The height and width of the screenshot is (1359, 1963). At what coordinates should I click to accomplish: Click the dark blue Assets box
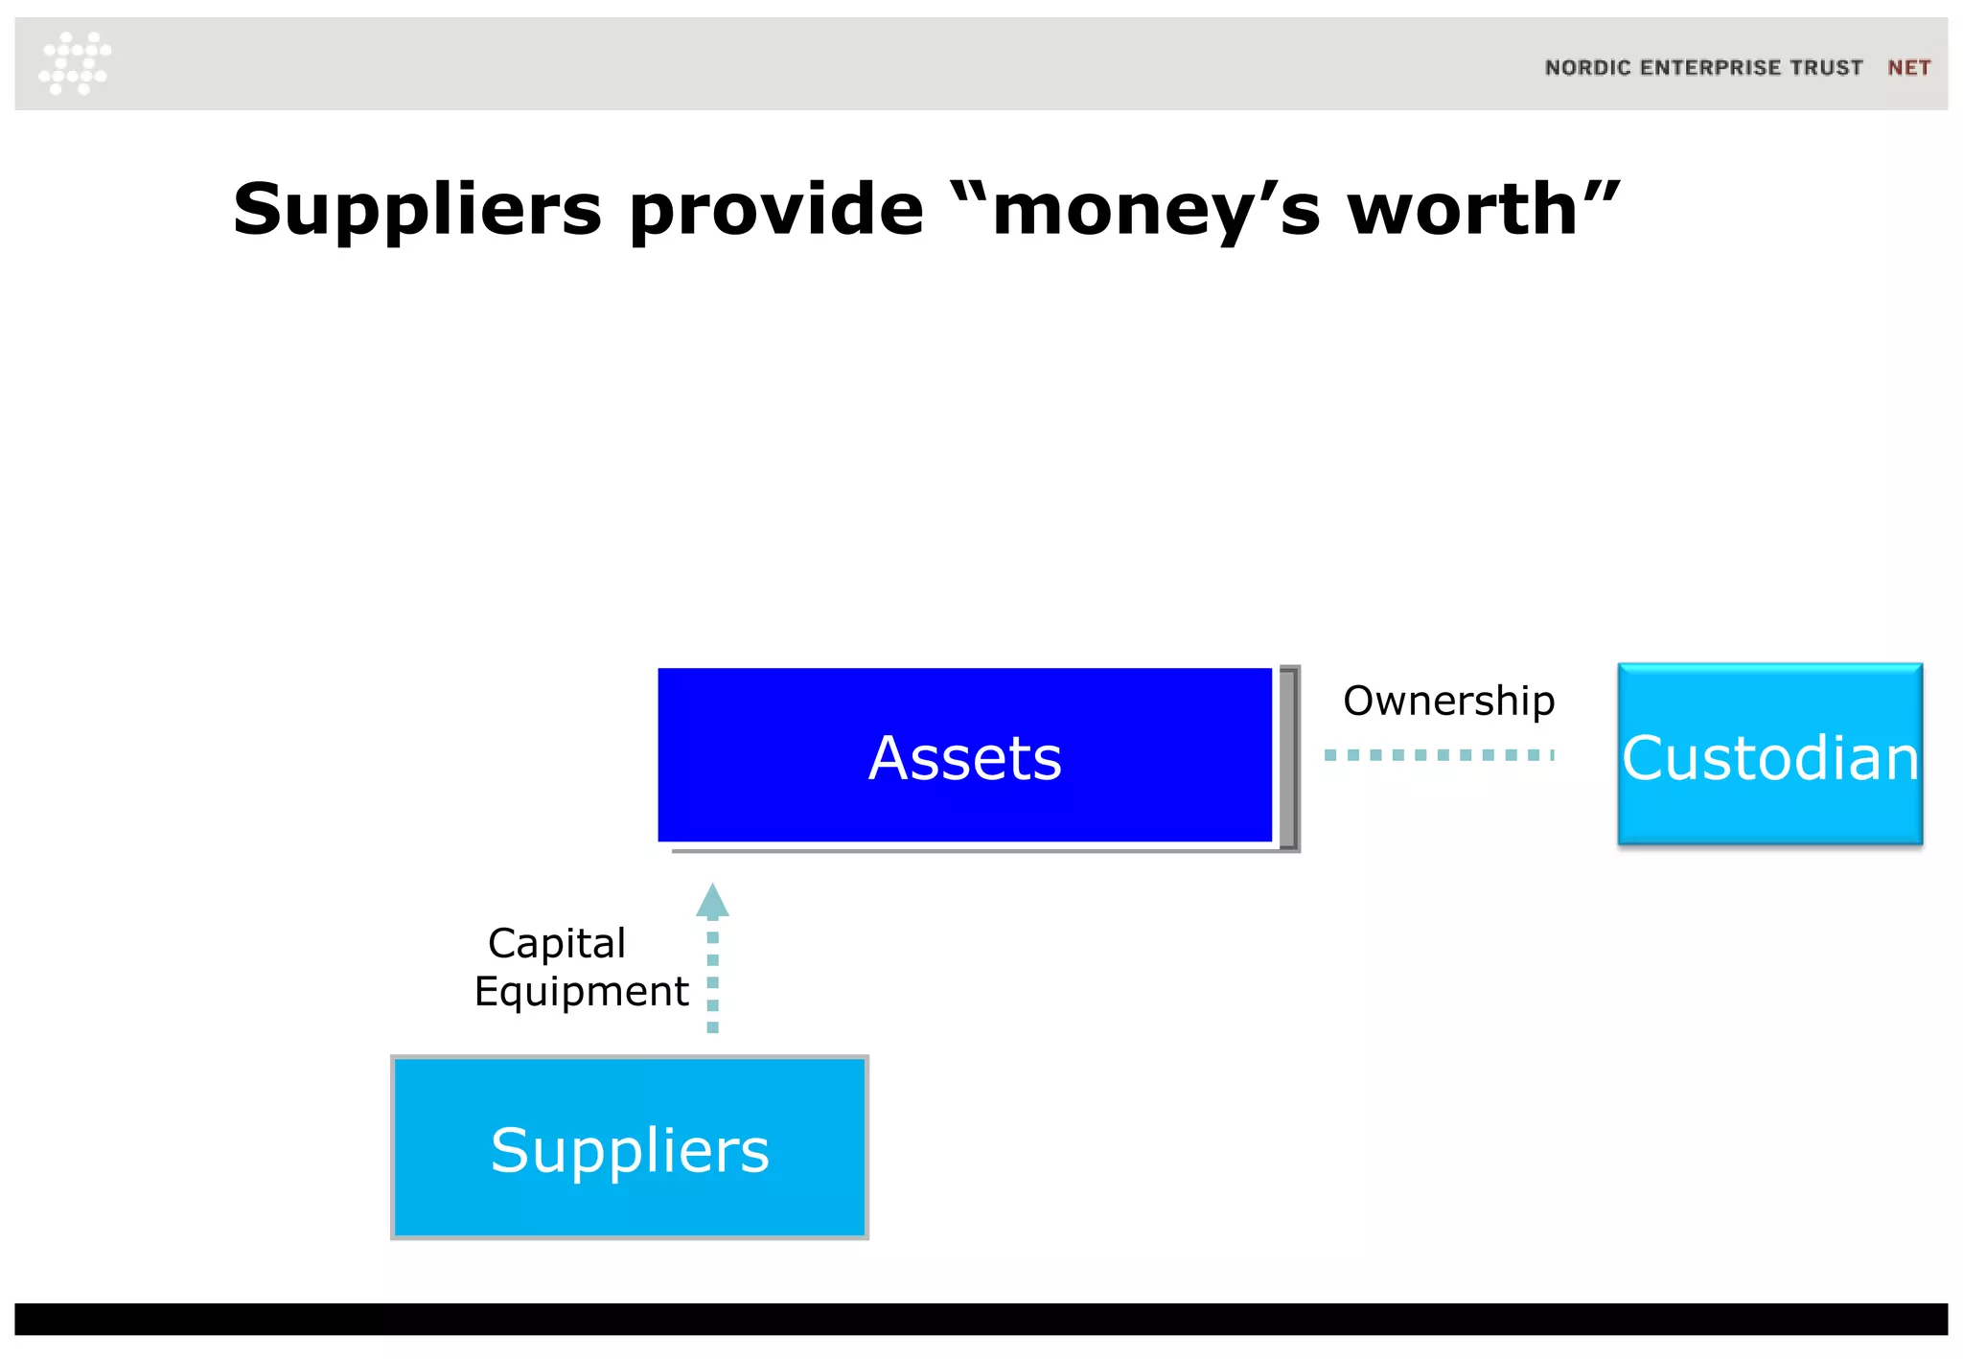coord(964,755)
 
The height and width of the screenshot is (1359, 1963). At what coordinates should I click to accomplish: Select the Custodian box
coord(1769,755)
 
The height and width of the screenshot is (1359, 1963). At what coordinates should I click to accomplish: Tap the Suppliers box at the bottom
coord(630,1147)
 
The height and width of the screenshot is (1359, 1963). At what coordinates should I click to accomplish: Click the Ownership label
coord(1448,702)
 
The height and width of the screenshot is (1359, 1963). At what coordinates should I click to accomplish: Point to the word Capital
coord(557,943)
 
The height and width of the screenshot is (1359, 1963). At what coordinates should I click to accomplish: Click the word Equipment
coord(581,991)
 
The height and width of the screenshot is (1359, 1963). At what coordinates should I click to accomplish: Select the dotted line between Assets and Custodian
coord(1438,755)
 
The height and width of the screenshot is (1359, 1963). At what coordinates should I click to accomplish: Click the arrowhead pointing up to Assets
coord(712,900)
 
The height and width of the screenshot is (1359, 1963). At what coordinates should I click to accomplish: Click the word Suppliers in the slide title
coord(417,210)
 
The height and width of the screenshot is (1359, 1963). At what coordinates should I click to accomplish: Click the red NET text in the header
coord(1908,68)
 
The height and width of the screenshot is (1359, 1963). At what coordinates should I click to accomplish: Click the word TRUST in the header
coord(1827,68)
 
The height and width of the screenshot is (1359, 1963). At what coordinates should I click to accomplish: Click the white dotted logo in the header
coord(75,63)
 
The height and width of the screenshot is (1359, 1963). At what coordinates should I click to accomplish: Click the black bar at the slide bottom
coord(981,1319)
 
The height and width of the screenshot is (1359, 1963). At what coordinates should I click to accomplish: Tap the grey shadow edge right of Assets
coord(1290,757)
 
